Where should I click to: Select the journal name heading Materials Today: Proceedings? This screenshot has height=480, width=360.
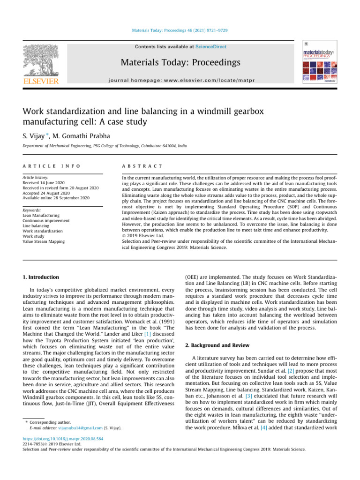[180, 63]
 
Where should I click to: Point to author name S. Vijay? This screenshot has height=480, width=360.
[37, 134]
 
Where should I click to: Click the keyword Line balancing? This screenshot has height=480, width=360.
[37, 226]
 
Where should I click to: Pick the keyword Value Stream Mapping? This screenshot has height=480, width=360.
[44, 241]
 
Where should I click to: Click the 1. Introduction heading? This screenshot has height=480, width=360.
[41, 277]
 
